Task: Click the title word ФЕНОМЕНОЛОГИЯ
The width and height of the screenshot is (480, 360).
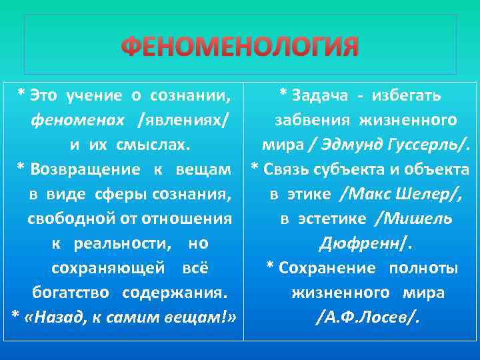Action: tap(240, 47)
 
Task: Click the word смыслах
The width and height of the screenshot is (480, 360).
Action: tap(157, 145)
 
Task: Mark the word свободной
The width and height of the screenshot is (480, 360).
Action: tap(61, 218)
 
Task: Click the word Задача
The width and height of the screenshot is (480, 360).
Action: tap(319, 96)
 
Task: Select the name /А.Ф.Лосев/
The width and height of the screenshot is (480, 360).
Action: tap(367, 317)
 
